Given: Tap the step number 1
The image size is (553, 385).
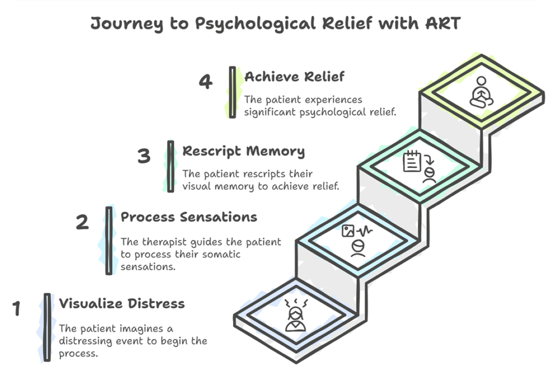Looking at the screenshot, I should tap(16, 309).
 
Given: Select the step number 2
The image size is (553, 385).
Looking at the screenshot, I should tap(82, 222).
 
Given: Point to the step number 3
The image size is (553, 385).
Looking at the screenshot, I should tap(144, 156).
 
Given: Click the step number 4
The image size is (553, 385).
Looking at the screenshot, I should tap(205, 82).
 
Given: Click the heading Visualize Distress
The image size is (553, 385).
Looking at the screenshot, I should tap(122, 304).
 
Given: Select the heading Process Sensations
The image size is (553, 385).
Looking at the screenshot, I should tap(189, 217).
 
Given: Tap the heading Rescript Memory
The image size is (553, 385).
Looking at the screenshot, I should tap(243, 151).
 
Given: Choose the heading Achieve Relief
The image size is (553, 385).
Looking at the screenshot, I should tap(294, 77).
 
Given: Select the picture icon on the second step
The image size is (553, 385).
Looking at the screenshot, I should tap(349, 231).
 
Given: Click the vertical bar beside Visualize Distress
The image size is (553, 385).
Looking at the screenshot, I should tap(47, 327).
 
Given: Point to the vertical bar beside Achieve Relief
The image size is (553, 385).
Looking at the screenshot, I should tap(233, 92).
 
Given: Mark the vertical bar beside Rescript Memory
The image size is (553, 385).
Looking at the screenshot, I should tap(171, 166).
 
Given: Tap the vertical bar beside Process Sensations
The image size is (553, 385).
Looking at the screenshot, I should tap(109, 240).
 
